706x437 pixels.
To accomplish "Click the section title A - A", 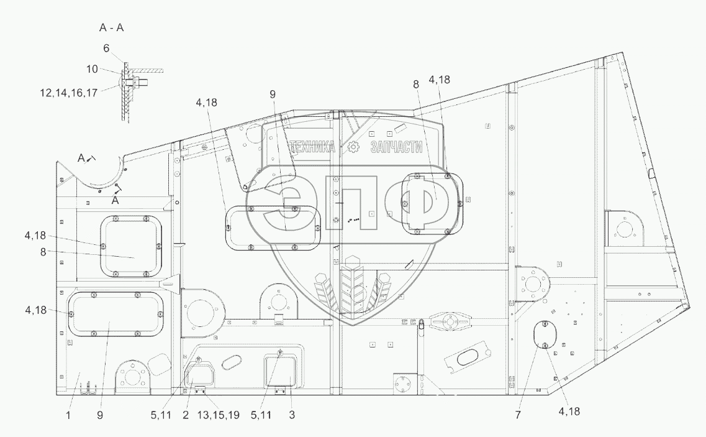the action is [112, 27].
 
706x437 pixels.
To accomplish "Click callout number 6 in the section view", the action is [106, 48].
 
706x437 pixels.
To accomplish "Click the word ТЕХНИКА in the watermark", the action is [312, 147].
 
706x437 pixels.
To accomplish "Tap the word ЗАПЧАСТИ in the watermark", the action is [396, 147].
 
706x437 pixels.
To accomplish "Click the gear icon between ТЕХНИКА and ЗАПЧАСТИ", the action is [353, 147].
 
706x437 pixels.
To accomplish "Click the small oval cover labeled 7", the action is [543, 334].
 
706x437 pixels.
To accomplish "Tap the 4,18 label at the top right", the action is [439, 80].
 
